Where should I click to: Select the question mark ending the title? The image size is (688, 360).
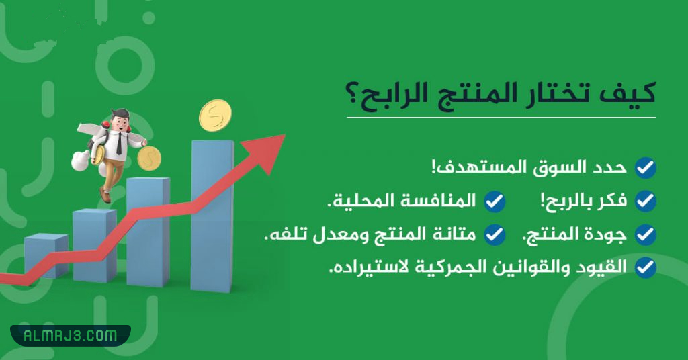355,95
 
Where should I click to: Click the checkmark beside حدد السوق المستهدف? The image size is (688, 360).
646,168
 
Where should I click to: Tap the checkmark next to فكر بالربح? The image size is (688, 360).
646,201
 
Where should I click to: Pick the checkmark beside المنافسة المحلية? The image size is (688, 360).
495,201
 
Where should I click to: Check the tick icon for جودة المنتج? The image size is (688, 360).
646,234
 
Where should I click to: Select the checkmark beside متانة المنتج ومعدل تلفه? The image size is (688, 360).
495,234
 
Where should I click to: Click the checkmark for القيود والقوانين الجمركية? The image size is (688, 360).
646,267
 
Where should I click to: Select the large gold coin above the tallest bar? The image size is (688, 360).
215,116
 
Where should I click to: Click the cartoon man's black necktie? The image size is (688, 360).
118,142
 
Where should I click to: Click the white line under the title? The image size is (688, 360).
501,118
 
